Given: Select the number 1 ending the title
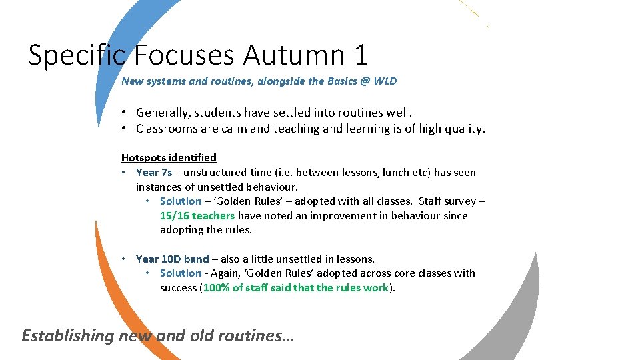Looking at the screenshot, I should (361, 55).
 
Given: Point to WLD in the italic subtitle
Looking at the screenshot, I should (385, 81).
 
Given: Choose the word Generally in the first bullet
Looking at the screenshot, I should (163, 113).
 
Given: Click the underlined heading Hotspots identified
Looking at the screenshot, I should (169, 158).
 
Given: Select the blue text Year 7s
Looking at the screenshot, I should (153, 173).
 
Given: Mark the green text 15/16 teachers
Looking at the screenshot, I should (197, 216).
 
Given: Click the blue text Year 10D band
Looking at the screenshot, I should (172, 259).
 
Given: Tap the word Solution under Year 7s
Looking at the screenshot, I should (180, 201).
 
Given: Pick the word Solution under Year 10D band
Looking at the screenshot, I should (180, 273).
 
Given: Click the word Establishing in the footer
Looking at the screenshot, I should (68, 335).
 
